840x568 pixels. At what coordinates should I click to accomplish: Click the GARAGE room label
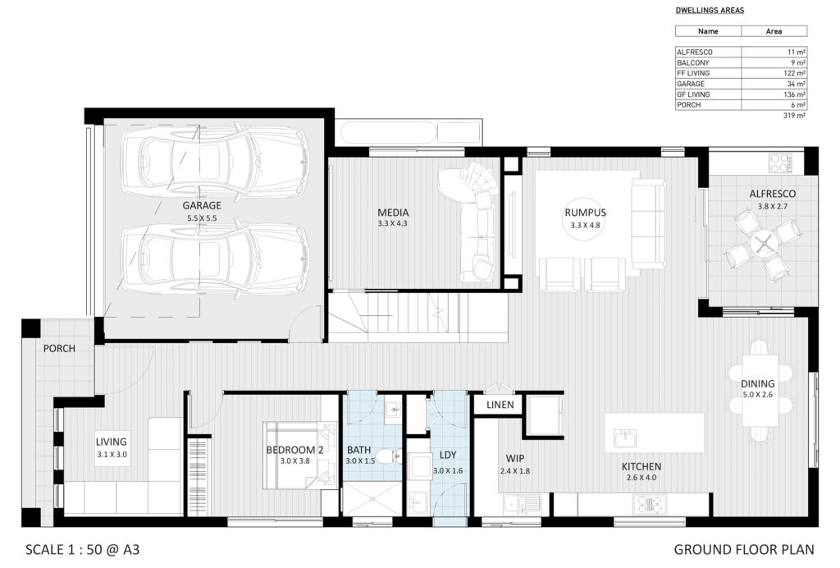(202, 205)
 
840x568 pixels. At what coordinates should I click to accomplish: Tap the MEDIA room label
(393, 213)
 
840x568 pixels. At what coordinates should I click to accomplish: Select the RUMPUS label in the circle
(585, 213)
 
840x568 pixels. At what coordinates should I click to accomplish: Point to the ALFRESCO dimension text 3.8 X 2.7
(773, 206)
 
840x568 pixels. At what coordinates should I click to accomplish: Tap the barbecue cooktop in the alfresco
(781, 163)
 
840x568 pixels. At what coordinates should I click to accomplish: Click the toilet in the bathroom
(388, 456)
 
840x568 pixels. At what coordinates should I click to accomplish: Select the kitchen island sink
(624, 438)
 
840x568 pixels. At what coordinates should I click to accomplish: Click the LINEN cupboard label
(500, 405)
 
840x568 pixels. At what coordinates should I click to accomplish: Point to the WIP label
(515, 459)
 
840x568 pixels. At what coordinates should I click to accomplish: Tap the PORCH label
(59, 348)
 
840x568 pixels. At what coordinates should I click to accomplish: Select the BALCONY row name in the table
(692, 62)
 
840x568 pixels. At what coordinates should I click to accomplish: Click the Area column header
(774, 32)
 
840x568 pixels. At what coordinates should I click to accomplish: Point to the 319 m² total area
(794, 115)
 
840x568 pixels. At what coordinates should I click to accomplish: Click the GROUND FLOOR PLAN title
(743, 549)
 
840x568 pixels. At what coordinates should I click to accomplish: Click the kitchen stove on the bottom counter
(650, 504)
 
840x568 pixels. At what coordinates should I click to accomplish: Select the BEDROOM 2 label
(294, 450)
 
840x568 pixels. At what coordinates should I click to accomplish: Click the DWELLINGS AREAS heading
(710, 10)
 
